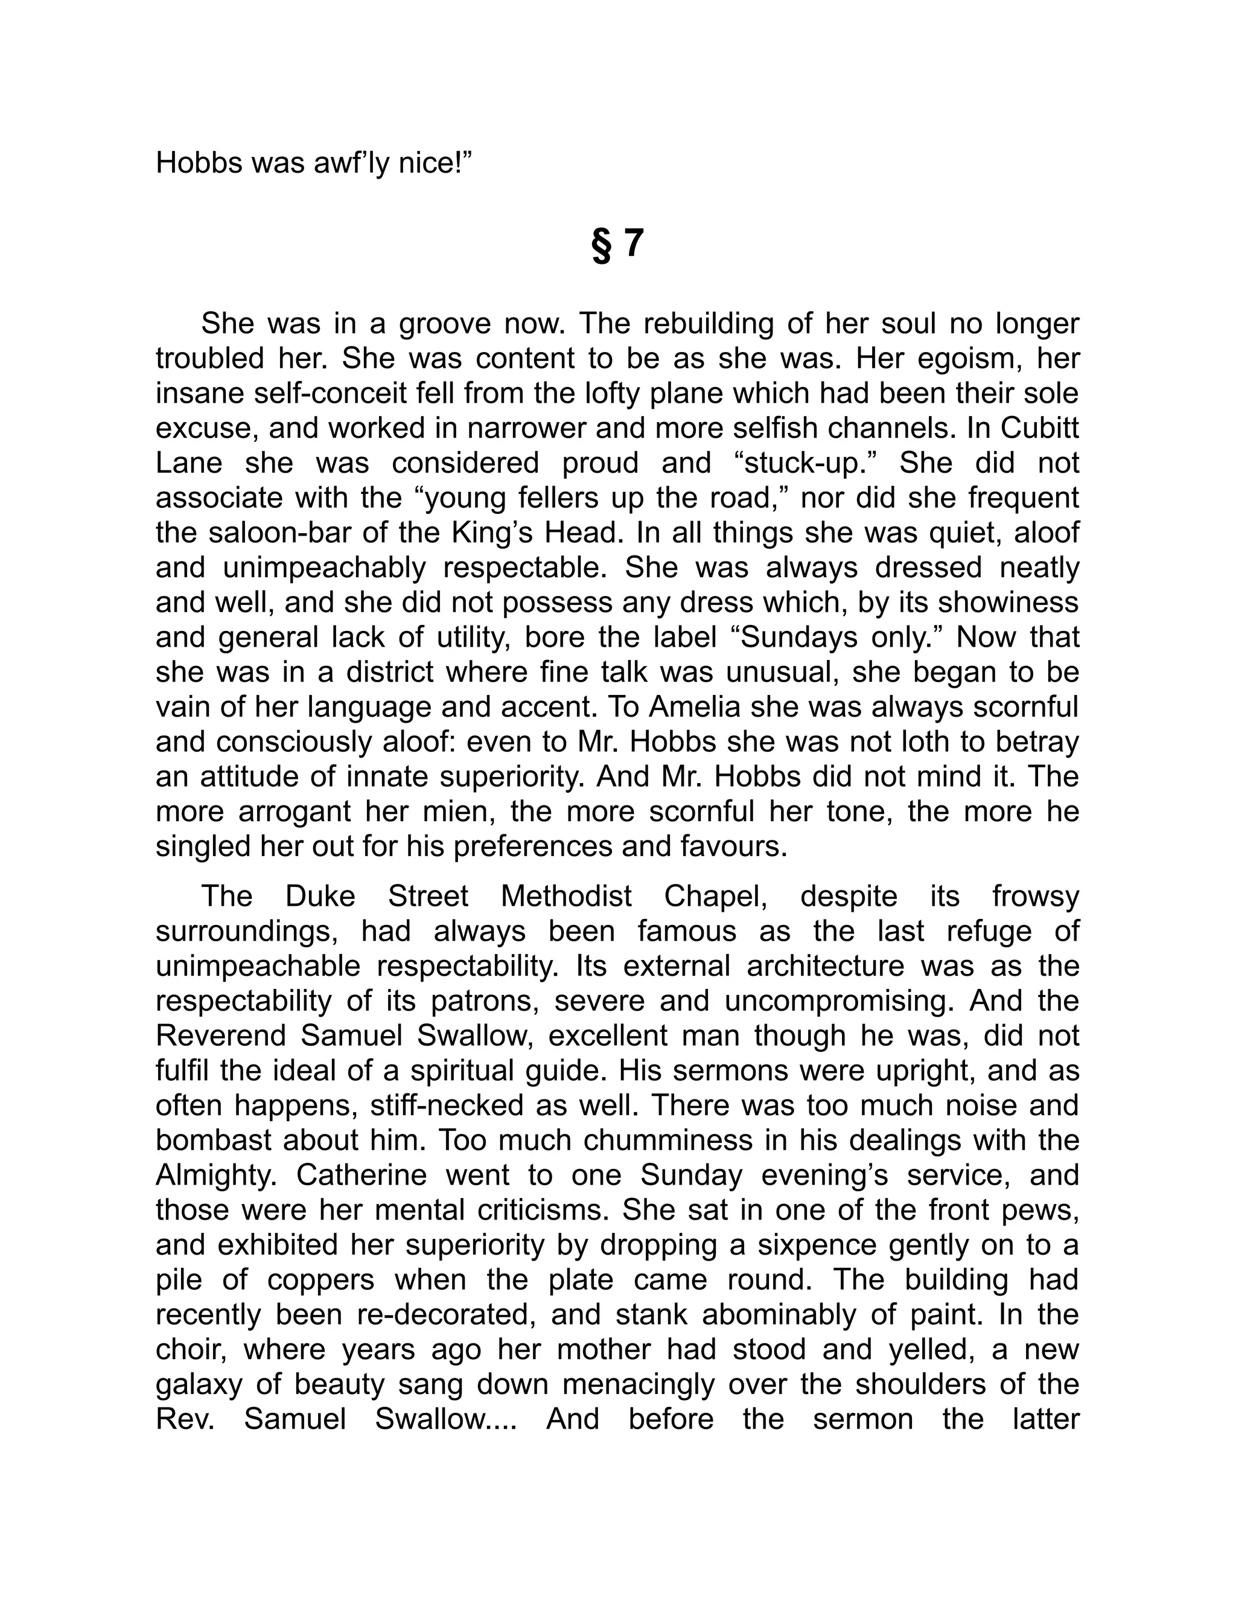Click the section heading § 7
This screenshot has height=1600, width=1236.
[x=617, y=245]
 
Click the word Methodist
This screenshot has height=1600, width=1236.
[x=566, y=897]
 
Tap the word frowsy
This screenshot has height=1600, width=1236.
[x=1036, y=897]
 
